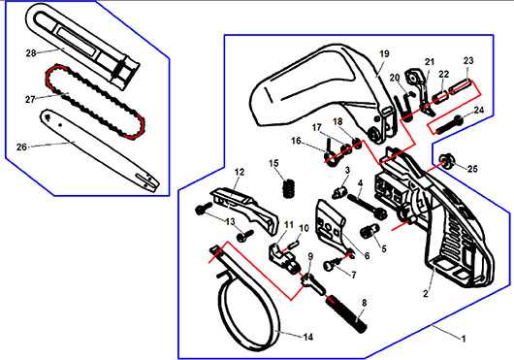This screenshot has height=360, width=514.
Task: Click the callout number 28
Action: (31, 52)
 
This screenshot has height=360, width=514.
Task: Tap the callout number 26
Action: (21, 147)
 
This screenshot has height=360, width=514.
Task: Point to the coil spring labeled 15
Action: (289, 188)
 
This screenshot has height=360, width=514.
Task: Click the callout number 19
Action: (384, 53)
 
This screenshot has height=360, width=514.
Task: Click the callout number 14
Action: (308, 337)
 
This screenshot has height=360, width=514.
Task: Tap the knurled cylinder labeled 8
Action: (346, 314)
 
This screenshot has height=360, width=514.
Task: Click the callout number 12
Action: (240, 172)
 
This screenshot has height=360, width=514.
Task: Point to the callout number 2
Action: (426, 293)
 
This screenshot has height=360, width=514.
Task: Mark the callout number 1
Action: (464, 338)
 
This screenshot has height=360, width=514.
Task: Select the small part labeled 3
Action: (339, 192)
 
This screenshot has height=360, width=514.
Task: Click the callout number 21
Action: (430, 62)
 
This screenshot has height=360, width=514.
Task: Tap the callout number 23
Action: (468, 61)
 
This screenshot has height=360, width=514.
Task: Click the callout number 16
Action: (296, 141)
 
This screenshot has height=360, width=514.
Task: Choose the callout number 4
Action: (360, 183)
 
